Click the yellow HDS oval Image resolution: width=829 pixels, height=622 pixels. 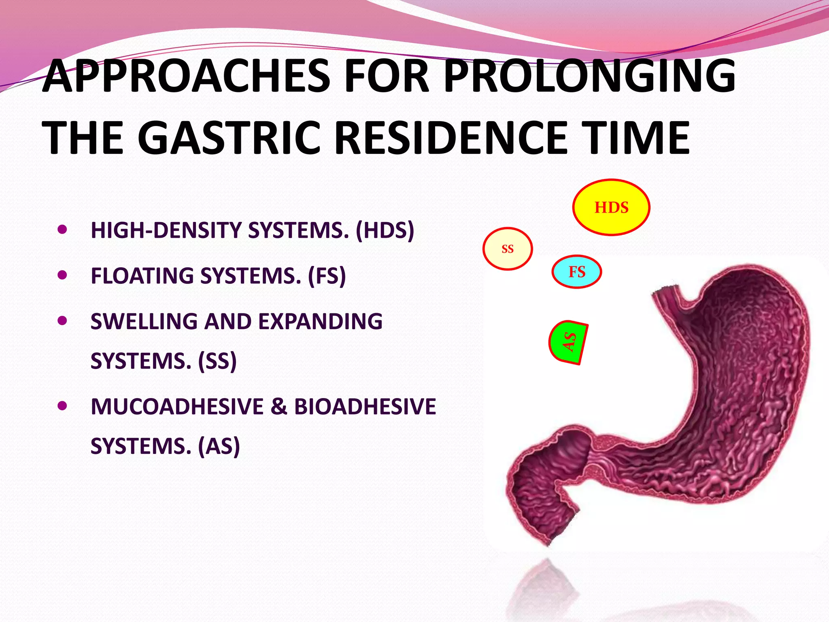click(x=611, y=207)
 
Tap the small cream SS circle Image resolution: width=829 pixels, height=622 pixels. click(x=508, y=249)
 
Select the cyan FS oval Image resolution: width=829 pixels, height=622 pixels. click(x=577, y=272)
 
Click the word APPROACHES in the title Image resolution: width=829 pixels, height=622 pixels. click(x=187, y=76)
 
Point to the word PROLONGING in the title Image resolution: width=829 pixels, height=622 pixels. click(x=589, y=76)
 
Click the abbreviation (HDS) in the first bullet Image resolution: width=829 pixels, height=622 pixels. click(x=385, y=230)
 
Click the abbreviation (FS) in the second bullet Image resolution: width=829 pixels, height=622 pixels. click(x=327, y=276)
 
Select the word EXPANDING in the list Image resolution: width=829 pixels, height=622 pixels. click(x=320, y=322)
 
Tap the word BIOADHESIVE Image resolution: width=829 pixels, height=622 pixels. click(x=365, y=407)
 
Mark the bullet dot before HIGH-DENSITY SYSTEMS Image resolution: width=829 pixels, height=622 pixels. click(x=62, y=230)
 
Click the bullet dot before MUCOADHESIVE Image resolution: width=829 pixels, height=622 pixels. click(x=62, y=406)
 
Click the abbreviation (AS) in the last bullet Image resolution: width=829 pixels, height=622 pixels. click(x=219, y=446)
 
